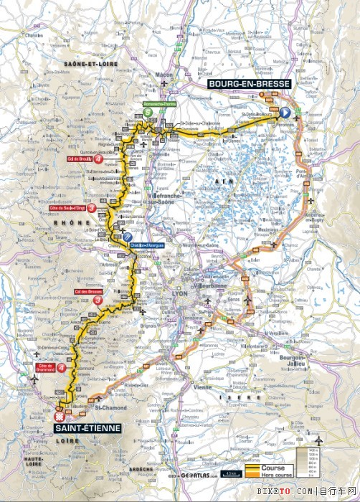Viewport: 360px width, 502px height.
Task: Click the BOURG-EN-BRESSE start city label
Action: (249, 84)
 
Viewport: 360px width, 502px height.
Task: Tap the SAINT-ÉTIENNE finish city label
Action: (85, 428)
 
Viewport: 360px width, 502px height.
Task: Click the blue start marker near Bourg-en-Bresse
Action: (285, 113)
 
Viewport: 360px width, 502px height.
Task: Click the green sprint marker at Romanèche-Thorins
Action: (147, 112)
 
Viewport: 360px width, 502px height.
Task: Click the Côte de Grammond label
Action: (47, 368)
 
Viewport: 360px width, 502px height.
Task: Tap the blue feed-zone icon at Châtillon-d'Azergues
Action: (127, 237)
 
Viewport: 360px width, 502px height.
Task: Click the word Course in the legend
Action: (273, 468)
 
